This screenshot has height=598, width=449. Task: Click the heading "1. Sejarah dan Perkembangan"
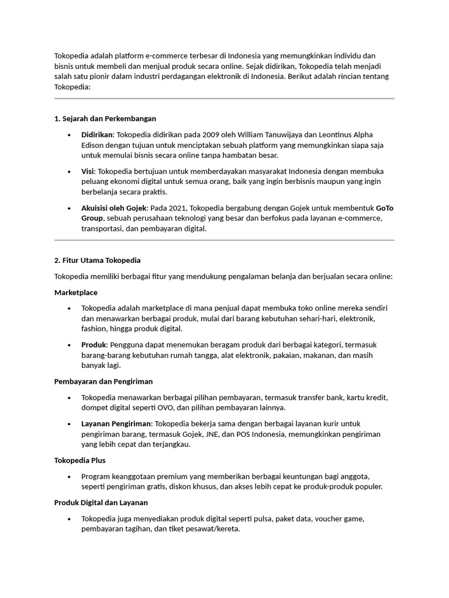click(105, 119)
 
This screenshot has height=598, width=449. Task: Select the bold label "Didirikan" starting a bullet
click(97, 134)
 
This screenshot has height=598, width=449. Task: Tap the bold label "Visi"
click(88, 171)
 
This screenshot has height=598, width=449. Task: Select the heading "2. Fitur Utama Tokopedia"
click(97, 260)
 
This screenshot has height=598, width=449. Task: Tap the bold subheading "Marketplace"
click(76, 292)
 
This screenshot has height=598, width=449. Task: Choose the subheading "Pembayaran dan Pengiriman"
click(103, 381)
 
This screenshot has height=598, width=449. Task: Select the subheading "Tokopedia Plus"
click(80, 460)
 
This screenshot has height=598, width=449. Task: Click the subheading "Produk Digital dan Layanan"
click(101, 502)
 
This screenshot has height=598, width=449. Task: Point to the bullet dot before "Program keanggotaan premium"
click(69, 477)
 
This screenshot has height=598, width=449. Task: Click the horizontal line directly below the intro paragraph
click(224, 99)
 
